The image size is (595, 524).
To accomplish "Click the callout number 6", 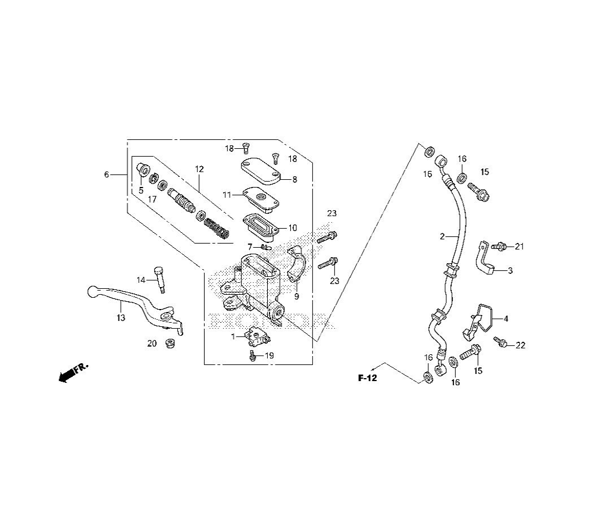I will [x=107, y=174].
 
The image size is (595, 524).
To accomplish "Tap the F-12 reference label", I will [x=368, y=378].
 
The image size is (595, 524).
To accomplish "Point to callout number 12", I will [x=199, y=170].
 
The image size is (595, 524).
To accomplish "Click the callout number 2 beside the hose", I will [x=442, y=237].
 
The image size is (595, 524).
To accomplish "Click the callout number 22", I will [x=521, y=345].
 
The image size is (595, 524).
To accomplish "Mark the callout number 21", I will [x=519, y=246].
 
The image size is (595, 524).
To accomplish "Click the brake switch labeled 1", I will [x=257, y=337].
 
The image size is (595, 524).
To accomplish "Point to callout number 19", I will [x=270, y=355].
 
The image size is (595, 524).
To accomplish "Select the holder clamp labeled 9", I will [x=296, y=267].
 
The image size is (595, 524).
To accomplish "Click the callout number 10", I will [x=292, y=227].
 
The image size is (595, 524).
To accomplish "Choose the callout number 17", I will [x=152, y=199].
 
